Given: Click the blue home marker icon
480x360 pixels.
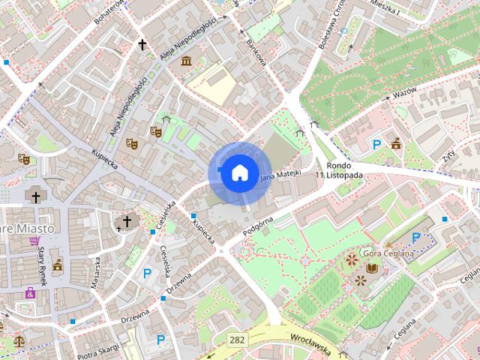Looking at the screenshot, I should pos(238,172).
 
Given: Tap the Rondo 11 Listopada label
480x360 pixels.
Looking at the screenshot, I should pos(344,170).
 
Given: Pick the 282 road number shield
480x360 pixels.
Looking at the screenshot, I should pos(238,340).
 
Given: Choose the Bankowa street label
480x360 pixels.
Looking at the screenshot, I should pos(256,49).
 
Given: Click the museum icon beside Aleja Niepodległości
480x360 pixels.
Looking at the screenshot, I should pos(185,60).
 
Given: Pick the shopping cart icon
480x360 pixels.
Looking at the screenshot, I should pos(34,241).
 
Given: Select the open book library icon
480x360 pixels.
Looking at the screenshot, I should pos(373,268).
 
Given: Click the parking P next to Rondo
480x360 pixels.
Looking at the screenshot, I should pos(377,144).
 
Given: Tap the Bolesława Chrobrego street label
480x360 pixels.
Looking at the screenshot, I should pos(329,26).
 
